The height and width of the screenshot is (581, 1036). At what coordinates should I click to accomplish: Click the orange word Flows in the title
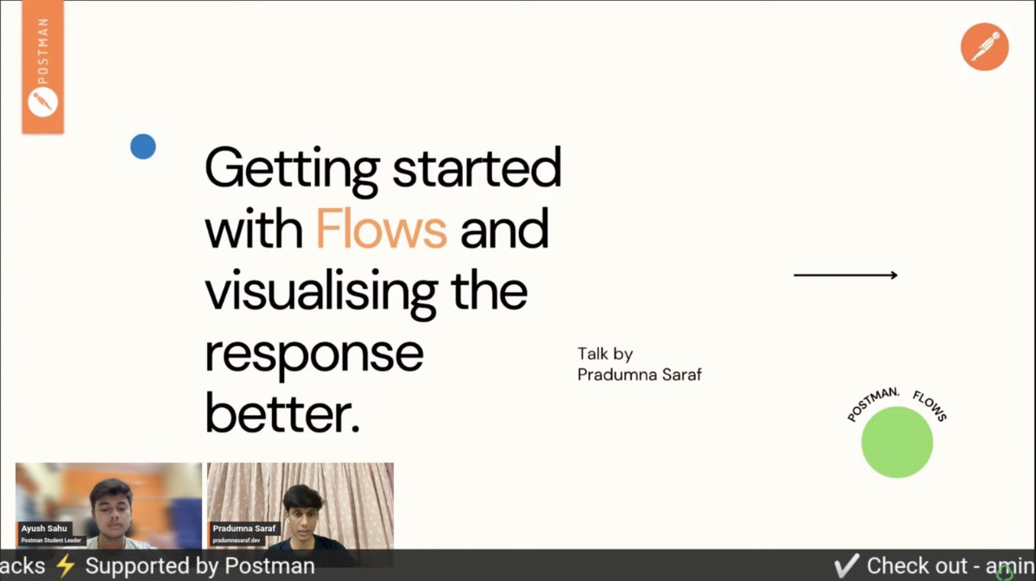click(x=381, y=229)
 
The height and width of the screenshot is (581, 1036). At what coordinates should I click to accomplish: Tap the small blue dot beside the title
click(x=143, y=147)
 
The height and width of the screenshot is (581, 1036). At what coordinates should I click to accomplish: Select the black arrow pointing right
click(x=845, y=275)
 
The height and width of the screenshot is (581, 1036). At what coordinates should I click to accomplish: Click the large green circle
click(x=897, y=442)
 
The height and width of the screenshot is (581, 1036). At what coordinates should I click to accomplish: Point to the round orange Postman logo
click(x=984, y=46)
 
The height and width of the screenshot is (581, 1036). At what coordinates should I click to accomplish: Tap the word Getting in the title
click(x=292, y=169)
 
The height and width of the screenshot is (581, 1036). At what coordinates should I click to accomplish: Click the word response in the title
click(x=314, y=354)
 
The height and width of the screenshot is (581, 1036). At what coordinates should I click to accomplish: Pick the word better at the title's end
click(x=281, y=415)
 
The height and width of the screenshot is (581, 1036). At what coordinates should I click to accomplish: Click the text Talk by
click(x=605, y=354)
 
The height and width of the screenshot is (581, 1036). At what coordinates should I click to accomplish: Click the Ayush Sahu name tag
click(x=45, y=527)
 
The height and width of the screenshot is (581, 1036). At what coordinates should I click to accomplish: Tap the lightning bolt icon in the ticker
click(x=66, y=566)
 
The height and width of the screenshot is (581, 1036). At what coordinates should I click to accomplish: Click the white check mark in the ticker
click(x=847, y=566)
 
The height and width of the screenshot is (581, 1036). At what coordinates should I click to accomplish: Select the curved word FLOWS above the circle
click(x=930, y=406)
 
